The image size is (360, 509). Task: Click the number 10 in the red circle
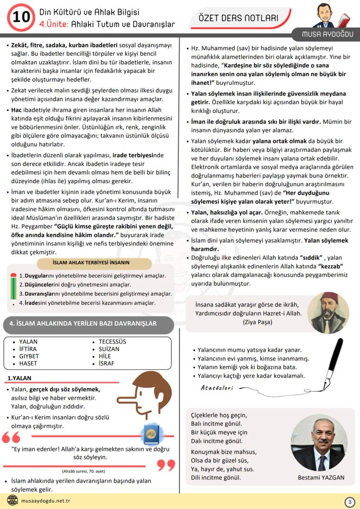pyautogui.click(x=21, y=17)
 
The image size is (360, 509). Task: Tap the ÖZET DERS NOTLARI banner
pyautogui.click(x=238, y=18)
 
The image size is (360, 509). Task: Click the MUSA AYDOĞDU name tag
pyautogui.click(x=328, y=34)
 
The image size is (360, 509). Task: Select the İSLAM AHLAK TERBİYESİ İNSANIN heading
pyautogui.click(x=91, y=263)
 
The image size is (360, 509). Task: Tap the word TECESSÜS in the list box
pyautogui.click(x=112, y=342)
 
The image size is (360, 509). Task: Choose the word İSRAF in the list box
pyautogui.click(x=107, y=363)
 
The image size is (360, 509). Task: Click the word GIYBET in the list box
pyautogui.click(x=29, y=356)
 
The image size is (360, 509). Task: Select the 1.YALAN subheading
pyautogui.click(x=20, y=378)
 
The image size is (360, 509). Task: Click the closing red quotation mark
pyautogui.click(x=166, y=465)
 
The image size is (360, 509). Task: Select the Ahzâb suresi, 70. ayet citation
pyautogui.click(x=81, y=471)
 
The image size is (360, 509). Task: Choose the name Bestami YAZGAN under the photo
pyautogui.click(x=321, y=477)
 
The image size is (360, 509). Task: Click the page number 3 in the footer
pyautogui.click(x=350, y=502)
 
